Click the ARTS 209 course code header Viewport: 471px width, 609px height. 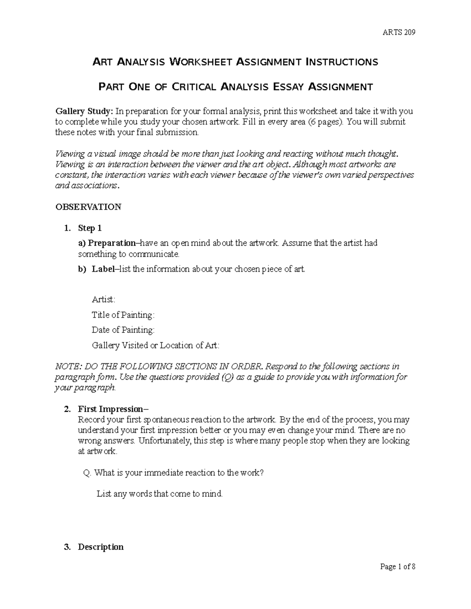tap(399, 33)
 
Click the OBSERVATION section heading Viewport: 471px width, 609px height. tap(88, 207)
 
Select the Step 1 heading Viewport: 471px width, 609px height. tap(90, 228)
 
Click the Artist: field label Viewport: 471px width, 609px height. tap(104, 300)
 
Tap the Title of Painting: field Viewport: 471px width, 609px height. tap(123, 315)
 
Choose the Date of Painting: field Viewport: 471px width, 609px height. tap(123, 330)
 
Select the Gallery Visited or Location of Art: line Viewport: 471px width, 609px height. tap(155, 345)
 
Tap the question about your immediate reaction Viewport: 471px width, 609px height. tap(174, 473)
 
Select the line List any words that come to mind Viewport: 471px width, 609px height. tap(160, 494)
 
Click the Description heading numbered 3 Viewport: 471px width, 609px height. tap(101, 547)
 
